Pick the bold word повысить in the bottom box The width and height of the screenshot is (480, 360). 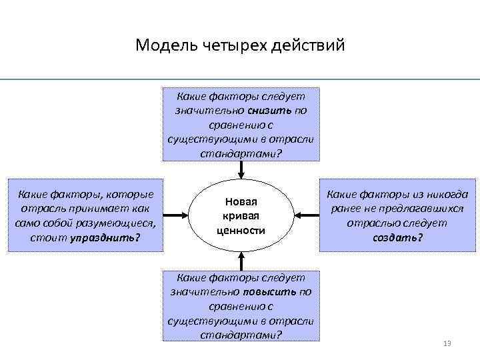click(269, 291)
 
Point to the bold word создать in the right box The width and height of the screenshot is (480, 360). click(397, 237)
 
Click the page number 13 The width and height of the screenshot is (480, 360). click(447, 343)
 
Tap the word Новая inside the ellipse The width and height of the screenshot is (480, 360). click(241, 201)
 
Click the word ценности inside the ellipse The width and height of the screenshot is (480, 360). click(241, 231)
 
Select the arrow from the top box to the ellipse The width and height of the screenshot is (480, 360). click(241, 171)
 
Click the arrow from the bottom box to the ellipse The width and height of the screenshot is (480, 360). click(241, 261)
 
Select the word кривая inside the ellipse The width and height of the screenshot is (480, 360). click(241, 216)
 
